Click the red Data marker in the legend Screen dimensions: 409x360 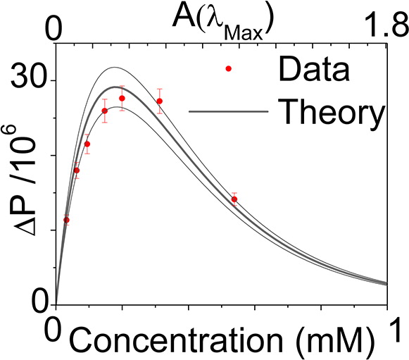tap(229, 68)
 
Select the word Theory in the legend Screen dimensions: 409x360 tap(332, 113)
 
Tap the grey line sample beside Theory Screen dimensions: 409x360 tap(229, 112)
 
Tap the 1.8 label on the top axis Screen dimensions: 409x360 tap(388, 25)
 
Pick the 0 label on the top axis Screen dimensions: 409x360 tap(54, 27)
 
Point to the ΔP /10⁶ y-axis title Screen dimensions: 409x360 tap(25, 180)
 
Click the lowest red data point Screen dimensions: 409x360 tap(66, 220)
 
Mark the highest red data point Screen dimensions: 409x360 tap(122, 98)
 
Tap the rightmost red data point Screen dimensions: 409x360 tap(234, 199)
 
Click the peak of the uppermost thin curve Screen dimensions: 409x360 tap(114, 67)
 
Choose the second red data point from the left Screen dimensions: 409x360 tap(77, 170)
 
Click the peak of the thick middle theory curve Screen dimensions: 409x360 tap(115, 87)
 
